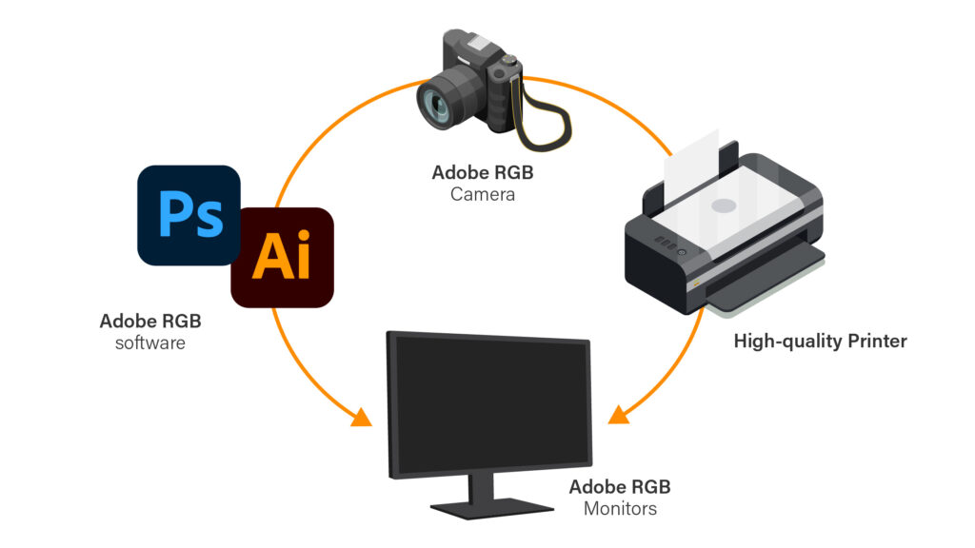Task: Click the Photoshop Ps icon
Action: tap(189, 215)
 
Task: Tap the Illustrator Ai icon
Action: tap(282, 257)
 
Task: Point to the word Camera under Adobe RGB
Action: tap(483, 194)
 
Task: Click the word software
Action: tap(149, 342)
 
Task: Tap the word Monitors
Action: tap(620, 509)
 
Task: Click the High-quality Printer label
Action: tap(820, 341)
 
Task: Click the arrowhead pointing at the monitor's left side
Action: tap(361, 416)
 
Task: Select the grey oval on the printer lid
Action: tap(724, 205)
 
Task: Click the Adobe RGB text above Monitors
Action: tap(620, 487)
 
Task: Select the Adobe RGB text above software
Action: tap(149, 321)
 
